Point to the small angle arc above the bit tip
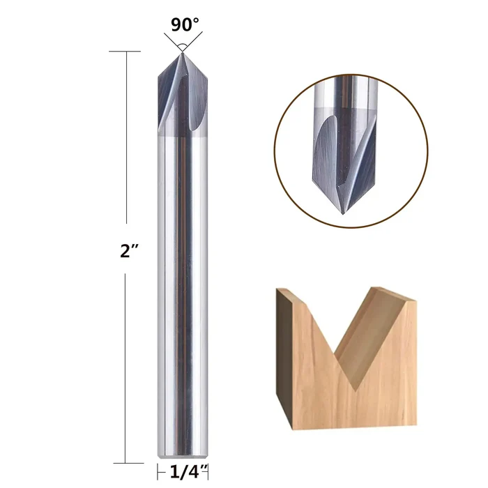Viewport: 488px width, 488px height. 181,46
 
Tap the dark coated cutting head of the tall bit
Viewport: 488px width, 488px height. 181,98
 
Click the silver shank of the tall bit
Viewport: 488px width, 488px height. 181,293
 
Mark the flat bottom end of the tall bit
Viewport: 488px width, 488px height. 181,461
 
